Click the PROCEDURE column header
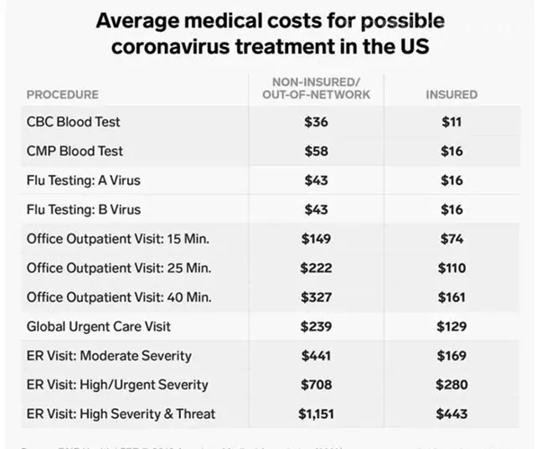pos(63,95)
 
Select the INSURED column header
pos(451,95)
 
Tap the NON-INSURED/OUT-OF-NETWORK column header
pos(316,88)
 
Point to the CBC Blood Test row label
pos(74,121)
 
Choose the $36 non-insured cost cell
pos(315,121)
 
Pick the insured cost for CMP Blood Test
pos(451,151)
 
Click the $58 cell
pos(315,151)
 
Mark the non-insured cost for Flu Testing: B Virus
pos(315,209)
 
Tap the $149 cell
pos(315,239)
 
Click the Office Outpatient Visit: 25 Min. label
pos(118,268)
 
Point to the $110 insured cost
pos(451,268)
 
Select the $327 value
pos(315,297)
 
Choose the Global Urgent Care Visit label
pos(99,327)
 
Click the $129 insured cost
pos(451,327)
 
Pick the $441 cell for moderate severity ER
pos(315,356)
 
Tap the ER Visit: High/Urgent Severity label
pos(117,385)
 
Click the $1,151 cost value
pos(315,414)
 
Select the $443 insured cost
pos(451,414)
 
